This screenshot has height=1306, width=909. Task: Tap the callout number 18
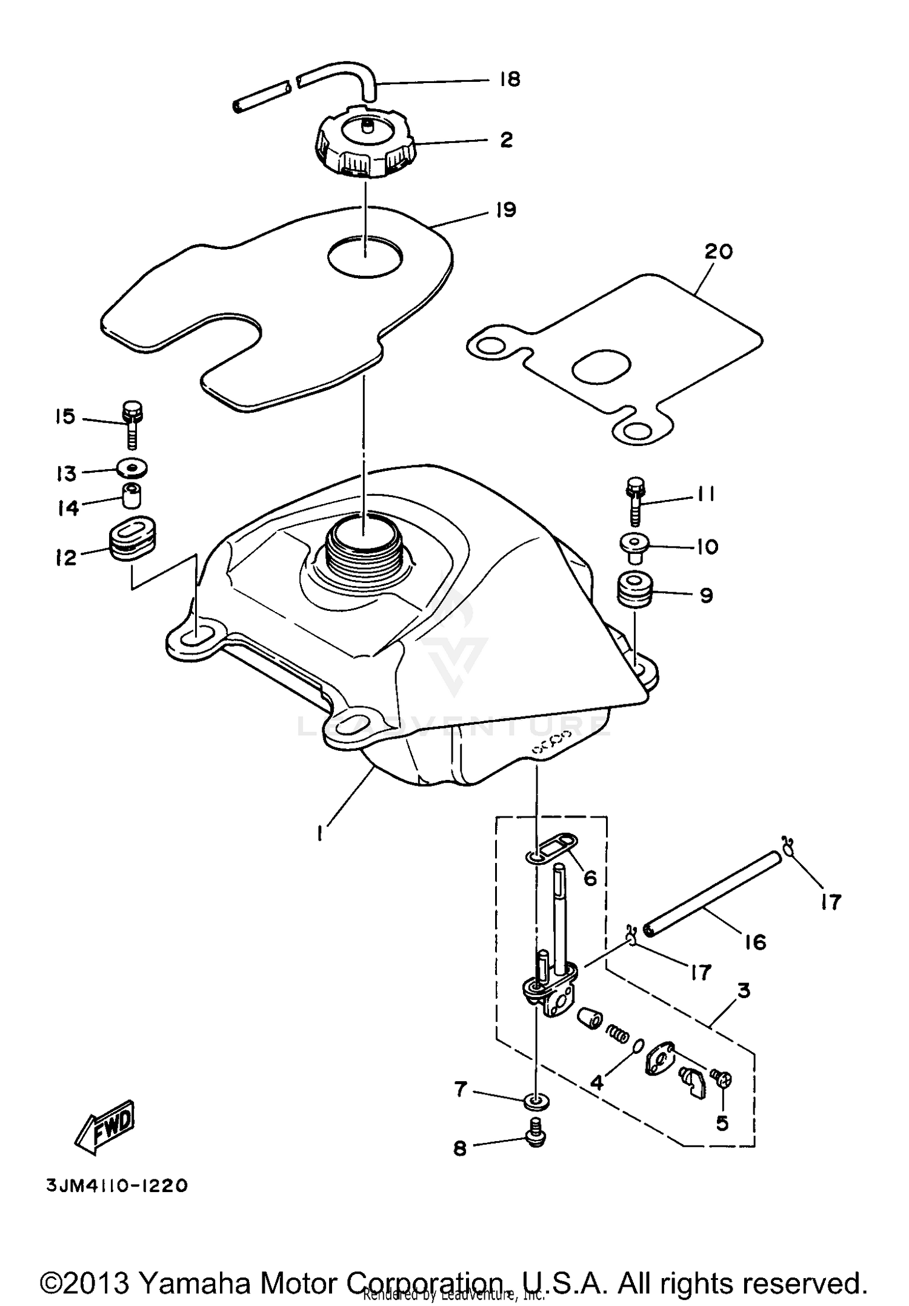[510, 79]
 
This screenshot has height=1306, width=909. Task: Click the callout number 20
[718, 252]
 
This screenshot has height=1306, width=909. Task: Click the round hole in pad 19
[365, 257]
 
